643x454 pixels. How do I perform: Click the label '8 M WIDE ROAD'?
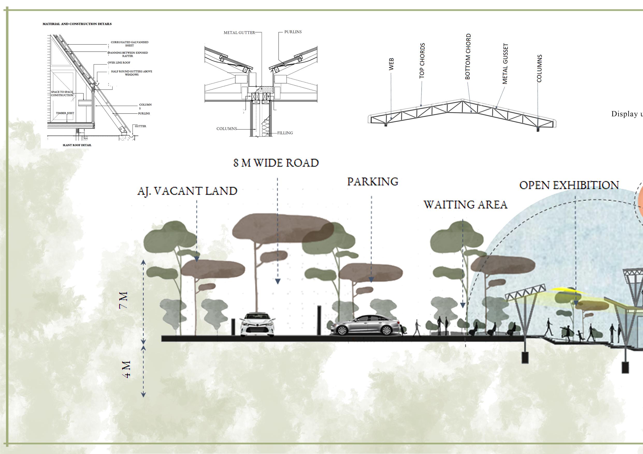276,163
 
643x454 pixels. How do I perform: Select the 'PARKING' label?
373,182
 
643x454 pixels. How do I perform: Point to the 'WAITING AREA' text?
465,204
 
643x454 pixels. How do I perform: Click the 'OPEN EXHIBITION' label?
569,185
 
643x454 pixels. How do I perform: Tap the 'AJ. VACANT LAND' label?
187,191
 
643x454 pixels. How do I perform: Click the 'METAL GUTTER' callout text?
239,33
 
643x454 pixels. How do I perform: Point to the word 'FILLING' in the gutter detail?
285,133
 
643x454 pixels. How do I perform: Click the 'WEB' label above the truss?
391,64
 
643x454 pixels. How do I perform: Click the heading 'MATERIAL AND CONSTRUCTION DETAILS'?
77,24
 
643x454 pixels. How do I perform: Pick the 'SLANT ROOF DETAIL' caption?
77,145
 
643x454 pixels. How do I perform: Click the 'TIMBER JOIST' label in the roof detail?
65,113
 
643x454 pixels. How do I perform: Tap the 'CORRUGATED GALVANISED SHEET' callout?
129,44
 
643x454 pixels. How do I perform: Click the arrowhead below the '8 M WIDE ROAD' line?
278,282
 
